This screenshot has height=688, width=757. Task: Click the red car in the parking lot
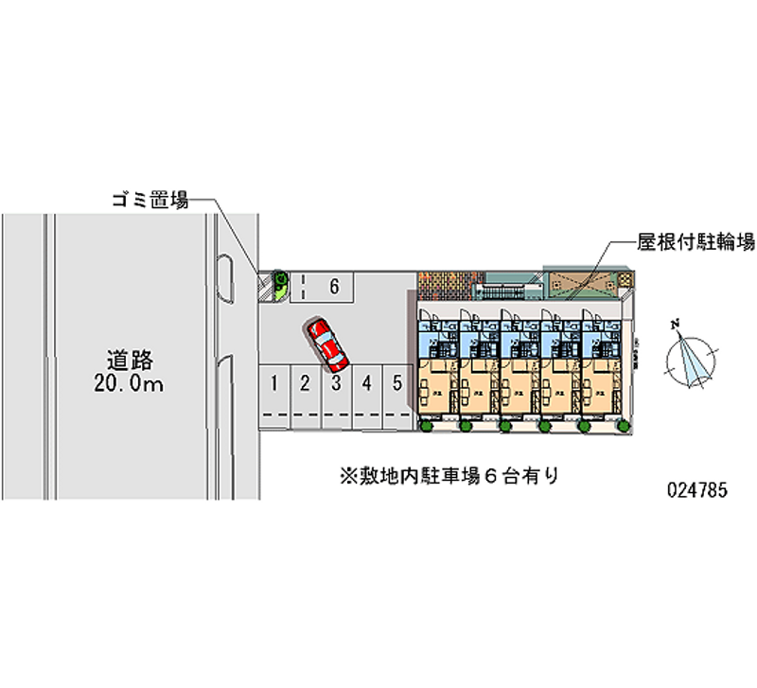(326, 343)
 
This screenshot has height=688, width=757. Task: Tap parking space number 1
(273, 383)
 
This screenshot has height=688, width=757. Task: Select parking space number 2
(305, 383)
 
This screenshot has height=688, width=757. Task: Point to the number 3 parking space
(336, 383)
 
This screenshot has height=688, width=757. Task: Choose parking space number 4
(367, 383)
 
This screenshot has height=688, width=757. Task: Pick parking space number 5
(398, 383)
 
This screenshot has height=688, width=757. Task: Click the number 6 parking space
(333, 284)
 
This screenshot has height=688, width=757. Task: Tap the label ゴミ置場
(150, 200)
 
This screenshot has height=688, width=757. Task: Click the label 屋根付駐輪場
(695, 242)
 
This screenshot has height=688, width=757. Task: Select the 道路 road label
(130, 361)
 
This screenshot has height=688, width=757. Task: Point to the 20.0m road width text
(130, 384)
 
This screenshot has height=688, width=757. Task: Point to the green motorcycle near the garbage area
(281, 281)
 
